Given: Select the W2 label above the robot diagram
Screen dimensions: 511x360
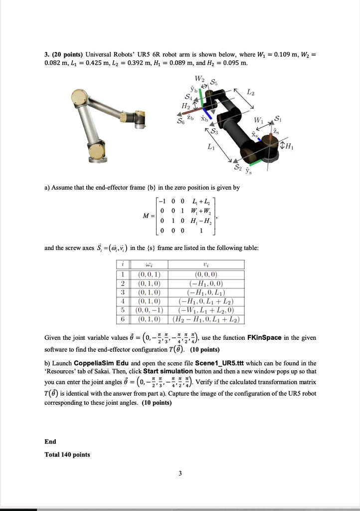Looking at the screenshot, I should pos(199,78).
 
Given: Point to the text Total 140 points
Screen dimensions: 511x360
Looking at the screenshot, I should pos(67,455).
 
